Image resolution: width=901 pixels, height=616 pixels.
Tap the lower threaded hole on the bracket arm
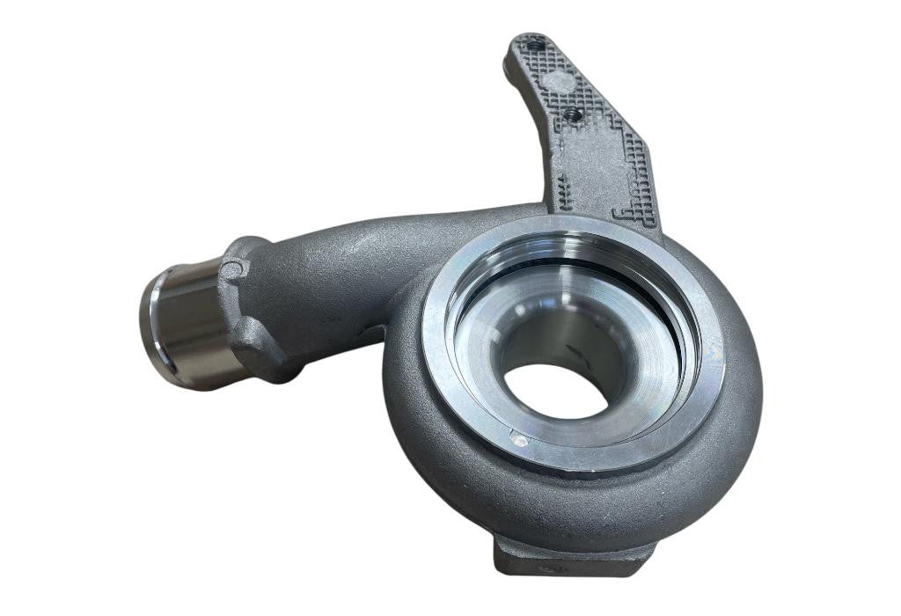pyautogui.click(x=571, y=113)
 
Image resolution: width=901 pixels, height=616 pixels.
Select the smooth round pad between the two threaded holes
pyautogui.click(x=555, y=81)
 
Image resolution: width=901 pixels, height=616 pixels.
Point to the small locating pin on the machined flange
pyautogui.click(x=519, y=441)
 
